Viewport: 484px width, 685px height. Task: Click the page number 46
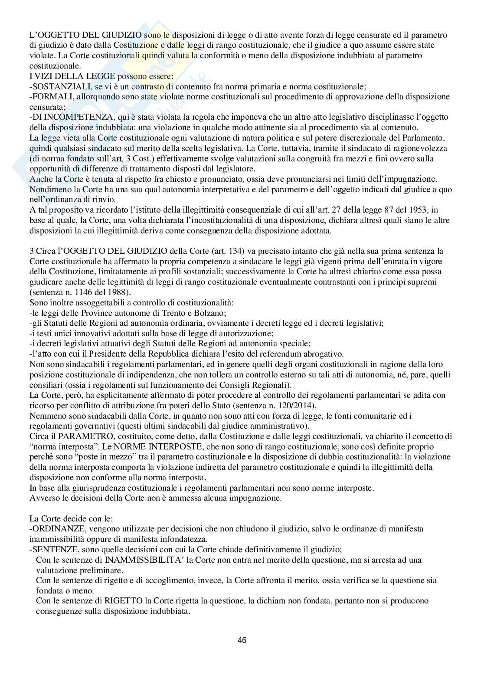coord(242,639)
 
